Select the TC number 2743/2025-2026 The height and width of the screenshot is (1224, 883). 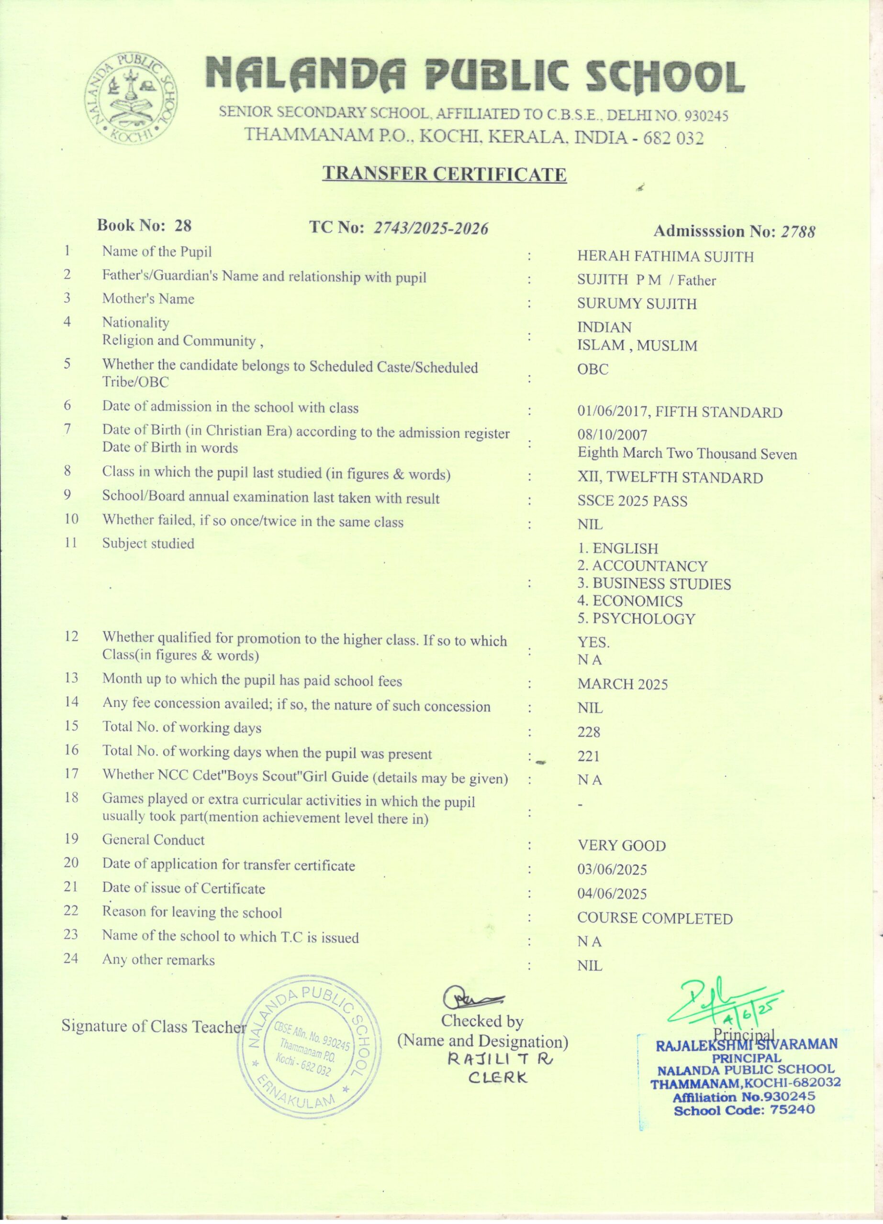(x=431, y=229)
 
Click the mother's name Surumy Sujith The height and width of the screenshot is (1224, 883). (x=637, y=304)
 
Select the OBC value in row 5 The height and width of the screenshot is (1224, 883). (x=592, y=370)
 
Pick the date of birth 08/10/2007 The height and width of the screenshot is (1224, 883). (x=612, y=435)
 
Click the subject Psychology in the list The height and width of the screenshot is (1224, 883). (x=636, y=619)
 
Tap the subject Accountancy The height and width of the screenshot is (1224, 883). (x=642, y=566)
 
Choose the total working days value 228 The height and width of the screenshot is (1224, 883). (x=589, y=732)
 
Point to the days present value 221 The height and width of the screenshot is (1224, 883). (x=588, y=757)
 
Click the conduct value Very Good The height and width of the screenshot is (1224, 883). (x=621, y=846)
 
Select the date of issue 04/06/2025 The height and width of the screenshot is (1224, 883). (x=612, y=894)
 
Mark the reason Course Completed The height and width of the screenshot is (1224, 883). (x=655, y=918)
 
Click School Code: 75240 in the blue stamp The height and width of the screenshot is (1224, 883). (x=744, y=1111)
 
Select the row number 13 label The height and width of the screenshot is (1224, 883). (x=71, y=678)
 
